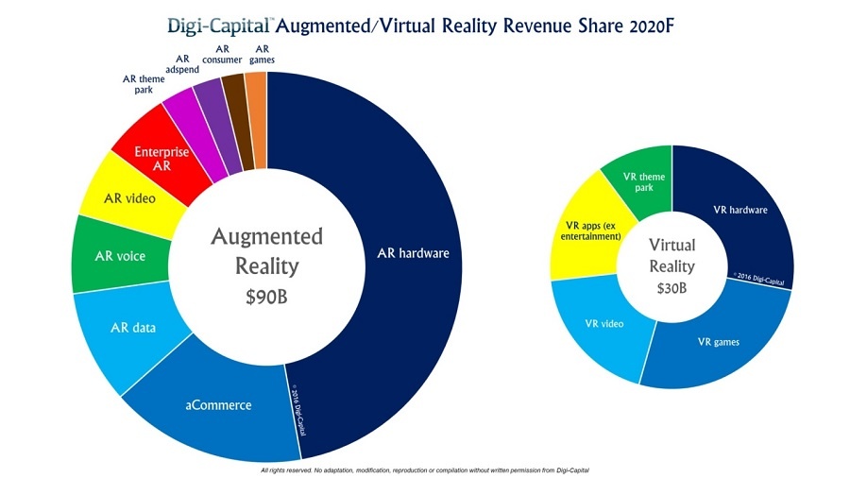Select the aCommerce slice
[x=217, y=406]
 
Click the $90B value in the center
[x=266, y=297]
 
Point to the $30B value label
[x=672, y=288]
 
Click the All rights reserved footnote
[x=424, y=469]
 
